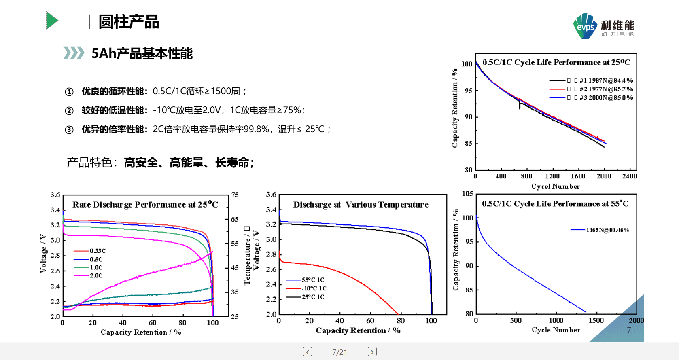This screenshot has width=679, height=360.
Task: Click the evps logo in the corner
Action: click(585, 26)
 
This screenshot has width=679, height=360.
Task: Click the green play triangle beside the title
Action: click(52, 20)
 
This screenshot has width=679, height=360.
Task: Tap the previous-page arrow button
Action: click(308, 352)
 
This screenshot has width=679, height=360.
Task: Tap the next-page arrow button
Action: click(372, 352)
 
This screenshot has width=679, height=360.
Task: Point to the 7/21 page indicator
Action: click(339, 352)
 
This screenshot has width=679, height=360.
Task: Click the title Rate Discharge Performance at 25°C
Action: click(145, 204)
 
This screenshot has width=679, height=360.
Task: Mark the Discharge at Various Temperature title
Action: click(361, 204)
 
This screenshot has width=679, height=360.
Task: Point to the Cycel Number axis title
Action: click(555, 186)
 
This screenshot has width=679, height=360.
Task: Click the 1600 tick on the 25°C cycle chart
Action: click(578, 176)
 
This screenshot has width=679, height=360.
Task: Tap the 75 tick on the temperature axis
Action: click(235, 195)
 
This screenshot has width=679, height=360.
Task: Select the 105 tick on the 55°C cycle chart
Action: click(467, 194)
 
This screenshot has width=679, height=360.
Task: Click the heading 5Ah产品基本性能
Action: click(142, 53)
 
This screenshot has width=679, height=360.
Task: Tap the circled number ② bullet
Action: click(69, 111)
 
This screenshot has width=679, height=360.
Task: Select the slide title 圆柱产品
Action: click(129, 22)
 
